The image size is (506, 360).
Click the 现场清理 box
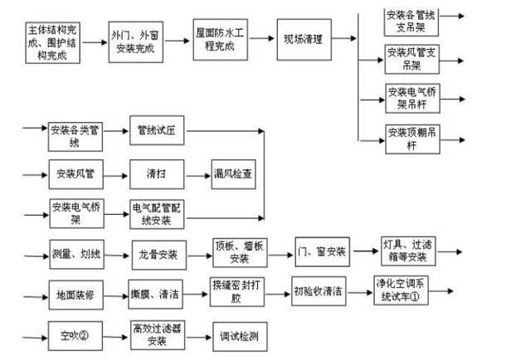(304, 39)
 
